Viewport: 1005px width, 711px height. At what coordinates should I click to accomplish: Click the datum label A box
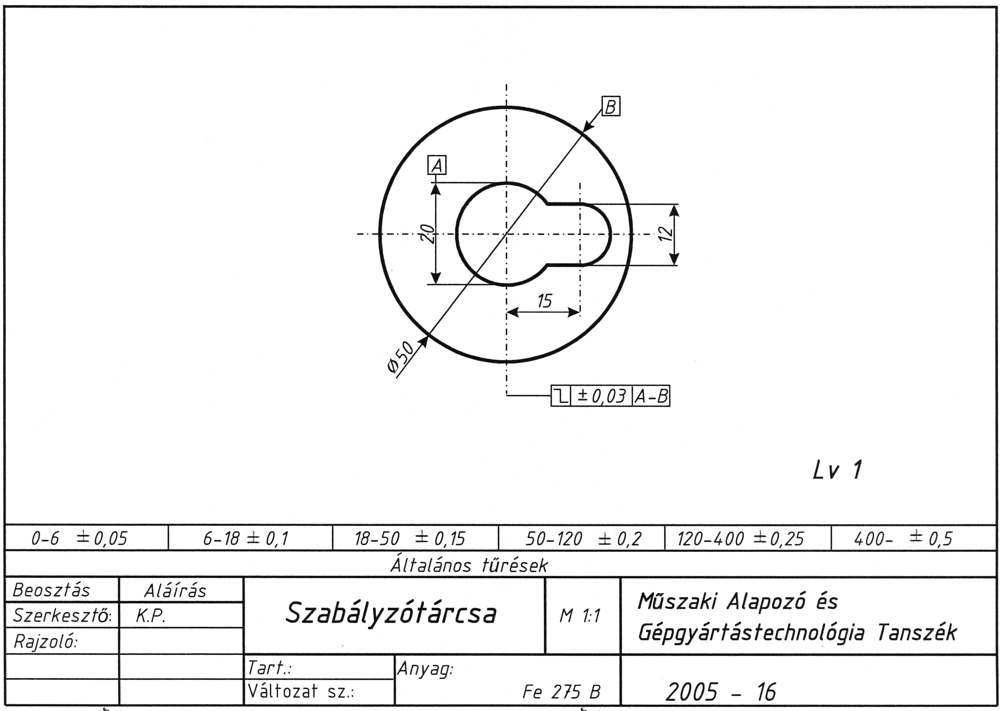pyautogui.click(x=437, y=165)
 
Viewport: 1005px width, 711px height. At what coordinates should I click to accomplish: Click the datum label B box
pyautogui.click(x=611, y=106)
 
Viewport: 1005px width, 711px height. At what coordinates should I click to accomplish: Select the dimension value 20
pyautogui.click(x=427, y=233)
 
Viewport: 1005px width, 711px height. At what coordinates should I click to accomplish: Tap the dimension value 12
pyautogui.click(x=665, y=234)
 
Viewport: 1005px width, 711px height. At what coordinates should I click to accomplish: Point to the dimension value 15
pyautogui.click(x=544, y=301)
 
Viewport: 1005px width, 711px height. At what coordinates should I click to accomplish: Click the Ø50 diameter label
pyautogui.click(x=400, y=357)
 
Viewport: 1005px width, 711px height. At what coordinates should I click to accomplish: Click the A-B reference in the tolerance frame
pyautogui.click(x=652, y=396)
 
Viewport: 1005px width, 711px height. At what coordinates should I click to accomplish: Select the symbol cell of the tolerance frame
pyautogui.click(x=561, y=396)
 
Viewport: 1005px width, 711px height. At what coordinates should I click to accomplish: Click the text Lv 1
pyautogui.click(x=837, y=470)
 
